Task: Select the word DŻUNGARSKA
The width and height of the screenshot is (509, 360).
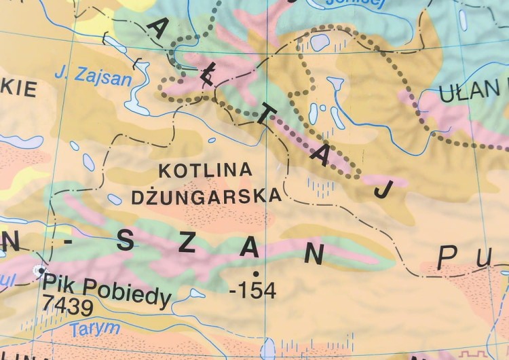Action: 206,196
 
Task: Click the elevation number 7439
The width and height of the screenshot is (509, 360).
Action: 67,307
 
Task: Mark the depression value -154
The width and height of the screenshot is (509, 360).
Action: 253,291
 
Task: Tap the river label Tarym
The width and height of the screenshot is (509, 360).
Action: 95,329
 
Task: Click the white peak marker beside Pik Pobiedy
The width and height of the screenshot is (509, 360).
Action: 38,270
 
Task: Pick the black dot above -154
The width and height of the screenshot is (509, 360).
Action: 255,273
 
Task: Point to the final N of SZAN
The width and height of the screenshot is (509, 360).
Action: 313,254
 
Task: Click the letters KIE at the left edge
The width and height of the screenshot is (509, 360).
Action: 18,89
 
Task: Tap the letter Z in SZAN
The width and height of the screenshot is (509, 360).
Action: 187,244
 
